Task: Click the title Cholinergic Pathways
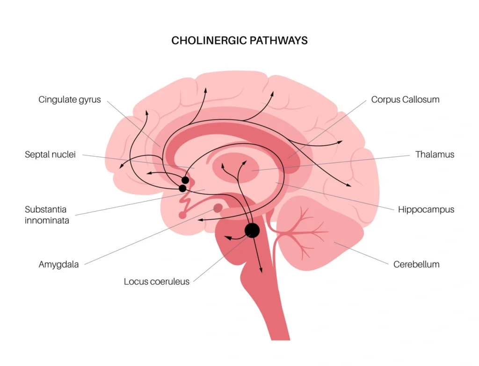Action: tap(239, 40)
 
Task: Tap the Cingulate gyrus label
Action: tap(69, 99)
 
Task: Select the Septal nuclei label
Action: tap(50, 155)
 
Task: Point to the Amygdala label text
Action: tap(58, 265)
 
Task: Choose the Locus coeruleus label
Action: tap(157, 282)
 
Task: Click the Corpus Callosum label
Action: tap(405, 99)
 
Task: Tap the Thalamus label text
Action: tap(435, 155)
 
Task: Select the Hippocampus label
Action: tap(426, 210)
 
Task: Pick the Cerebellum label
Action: tap(416, 264)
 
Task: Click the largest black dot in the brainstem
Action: tap(252, 230)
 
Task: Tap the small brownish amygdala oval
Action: tap(218, 208)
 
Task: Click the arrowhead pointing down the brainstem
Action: tap(261, 270)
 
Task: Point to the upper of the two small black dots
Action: tap(186, 180)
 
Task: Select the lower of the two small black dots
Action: tap(182, 188)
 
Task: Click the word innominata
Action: tap(47, 220)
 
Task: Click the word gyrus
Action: tap(90, 100)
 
